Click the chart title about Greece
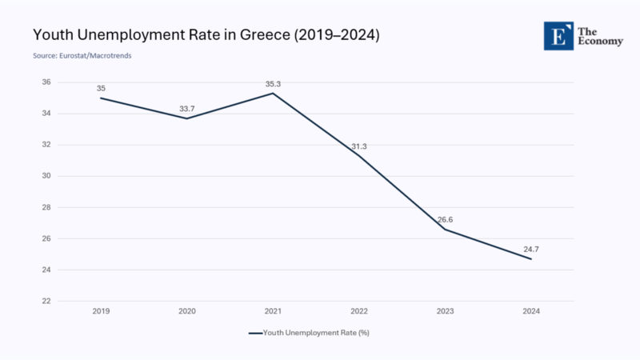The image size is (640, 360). coord(206,35)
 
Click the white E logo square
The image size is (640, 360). coord(558,35)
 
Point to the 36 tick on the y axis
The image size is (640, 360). coord(46,82)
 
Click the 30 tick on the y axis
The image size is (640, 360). coord(46,176)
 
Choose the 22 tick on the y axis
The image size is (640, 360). coord(46,302)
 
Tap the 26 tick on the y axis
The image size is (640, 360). coord(46,238)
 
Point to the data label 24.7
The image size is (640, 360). coord(530,249)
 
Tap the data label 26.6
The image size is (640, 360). coord(445,218)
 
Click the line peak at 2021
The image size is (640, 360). coord(273,94)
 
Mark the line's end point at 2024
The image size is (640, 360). coord(530,259)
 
